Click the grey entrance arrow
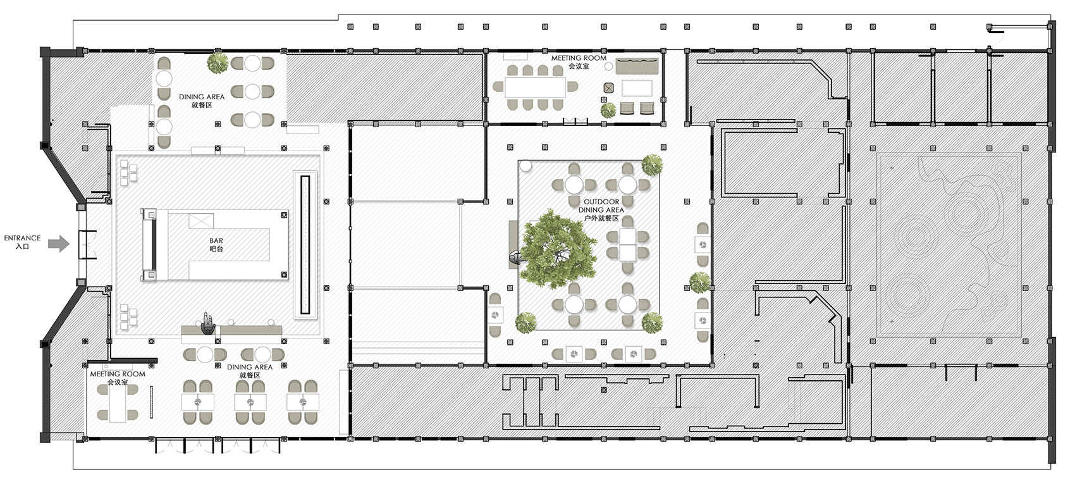[59, 244]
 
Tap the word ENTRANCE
[22, 238]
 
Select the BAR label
[216, 240]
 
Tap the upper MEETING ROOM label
[579, 58]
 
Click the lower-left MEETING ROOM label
[118, 373]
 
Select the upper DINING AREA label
[202, 97]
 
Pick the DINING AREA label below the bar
[250, 367]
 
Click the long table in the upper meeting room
[535, 87]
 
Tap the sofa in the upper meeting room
[637, 66]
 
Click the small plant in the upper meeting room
[608, 111]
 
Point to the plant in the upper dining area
[218, 63]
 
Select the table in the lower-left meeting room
[118, 404]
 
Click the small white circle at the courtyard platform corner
[525, 166]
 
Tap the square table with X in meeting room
[608, 88]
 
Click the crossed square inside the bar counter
[201, 221]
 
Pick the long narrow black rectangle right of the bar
[305, 245]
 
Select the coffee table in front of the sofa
[637, 89]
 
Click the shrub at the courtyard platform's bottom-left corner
[526, 322]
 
